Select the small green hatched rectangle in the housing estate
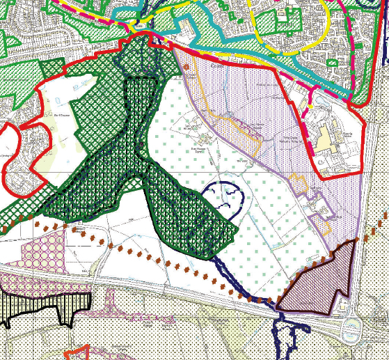pos(333,62)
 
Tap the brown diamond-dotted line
pos(174,265)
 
